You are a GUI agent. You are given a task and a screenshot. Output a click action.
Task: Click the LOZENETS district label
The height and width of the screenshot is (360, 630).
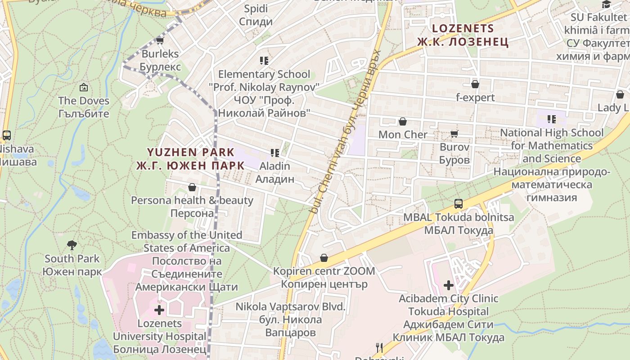coord(463,28)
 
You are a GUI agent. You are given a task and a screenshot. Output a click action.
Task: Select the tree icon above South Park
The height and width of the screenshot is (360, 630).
coord(72,245)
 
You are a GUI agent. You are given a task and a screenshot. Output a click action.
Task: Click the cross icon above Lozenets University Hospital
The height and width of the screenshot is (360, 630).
coord(159,310)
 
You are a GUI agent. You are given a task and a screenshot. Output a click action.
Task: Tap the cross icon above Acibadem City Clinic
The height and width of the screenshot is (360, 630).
coord(449,285)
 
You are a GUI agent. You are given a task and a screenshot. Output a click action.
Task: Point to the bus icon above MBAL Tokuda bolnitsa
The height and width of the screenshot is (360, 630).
coord(458,204)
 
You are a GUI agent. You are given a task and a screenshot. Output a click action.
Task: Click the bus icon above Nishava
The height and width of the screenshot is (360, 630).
coord(7,135)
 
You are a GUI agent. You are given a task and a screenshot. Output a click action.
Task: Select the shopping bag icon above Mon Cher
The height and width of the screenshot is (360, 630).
coord(403,121)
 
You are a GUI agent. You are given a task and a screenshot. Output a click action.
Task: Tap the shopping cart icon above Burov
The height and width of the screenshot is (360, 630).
coord(454,134)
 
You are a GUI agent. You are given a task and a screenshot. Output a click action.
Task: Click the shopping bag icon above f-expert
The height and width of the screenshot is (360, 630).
coord(475,84)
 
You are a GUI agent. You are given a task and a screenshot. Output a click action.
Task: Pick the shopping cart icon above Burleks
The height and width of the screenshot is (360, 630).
coord(160,41)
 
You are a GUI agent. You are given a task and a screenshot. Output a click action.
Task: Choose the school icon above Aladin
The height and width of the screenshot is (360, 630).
coord(275,153)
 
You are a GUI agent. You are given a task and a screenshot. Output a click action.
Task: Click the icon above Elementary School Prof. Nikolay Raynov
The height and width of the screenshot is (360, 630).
coord(264,60)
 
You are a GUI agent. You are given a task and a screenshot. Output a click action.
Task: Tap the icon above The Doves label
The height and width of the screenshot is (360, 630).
coord(83,87)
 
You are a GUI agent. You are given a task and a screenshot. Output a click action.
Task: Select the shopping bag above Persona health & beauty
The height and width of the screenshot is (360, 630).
coord(192,187)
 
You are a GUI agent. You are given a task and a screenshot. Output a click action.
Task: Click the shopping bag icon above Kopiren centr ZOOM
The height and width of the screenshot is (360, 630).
coord(324,258)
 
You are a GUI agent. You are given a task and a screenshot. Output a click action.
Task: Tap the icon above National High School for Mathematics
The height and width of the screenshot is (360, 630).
coord(551,119)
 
